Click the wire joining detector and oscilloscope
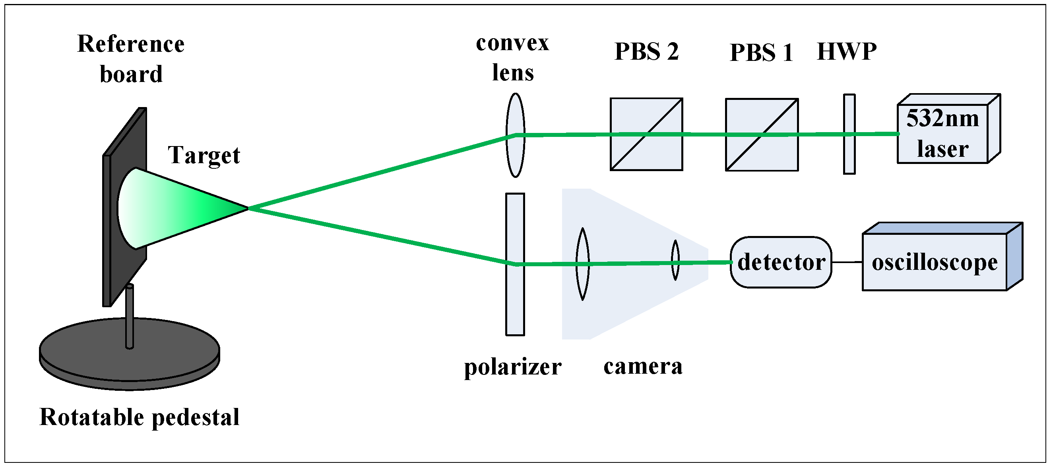coord(847,262)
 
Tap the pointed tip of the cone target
coord(246,208)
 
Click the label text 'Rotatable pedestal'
coord(139,417)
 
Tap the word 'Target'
coord(204,155)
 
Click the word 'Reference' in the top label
coord(130,44)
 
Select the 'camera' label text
coord(643,366)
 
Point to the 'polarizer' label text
coord(512,367)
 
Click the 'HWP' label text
coord(847,51)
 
